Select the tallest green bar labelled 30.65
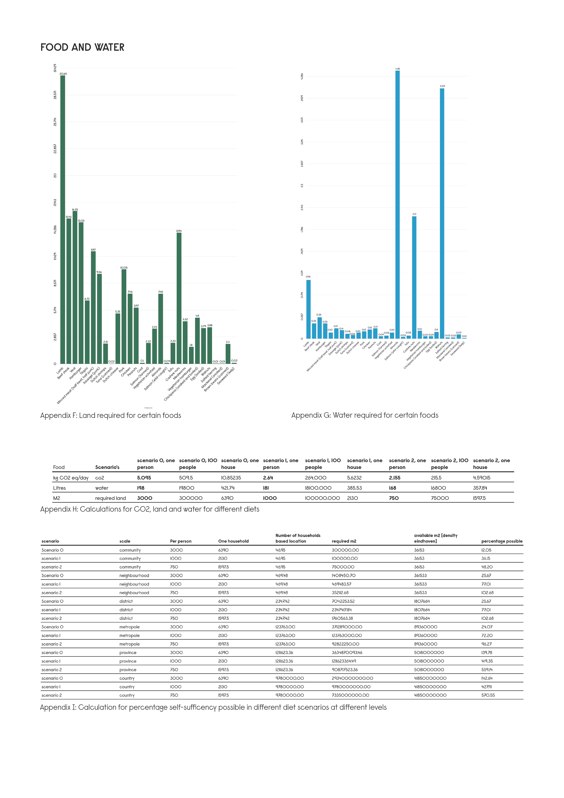click(x=63, y=219)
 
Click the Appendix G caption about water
click(x=365, y=415)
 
